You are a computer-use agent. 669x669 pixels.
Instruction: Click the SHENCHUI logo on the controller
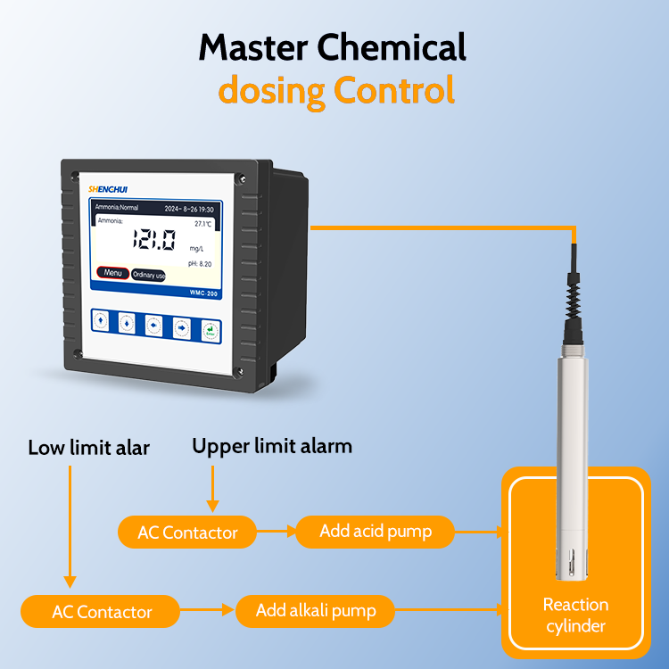coord(109,188)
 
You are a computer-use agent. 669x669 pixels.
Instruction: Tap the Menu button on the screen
coord(112,273)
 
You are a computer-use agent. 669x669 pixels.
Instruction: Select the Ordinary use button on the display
coord(148,275)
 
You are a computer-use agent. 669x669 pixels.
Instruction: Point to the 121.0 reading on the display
coord(153,239)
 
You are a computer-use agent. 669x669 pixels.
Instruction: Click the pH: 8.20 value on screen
coord(199,264)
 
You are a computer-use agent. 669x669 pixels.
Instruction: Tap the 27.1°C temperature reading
coord(203,223)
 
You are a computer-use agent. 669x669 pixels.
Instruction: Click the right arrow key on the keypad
coord(182,327)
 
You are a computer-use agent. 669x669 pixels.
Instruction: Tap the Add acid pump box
coord(375,532)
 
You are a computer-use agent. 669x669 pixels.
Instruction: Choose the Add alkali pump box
coord(315,611)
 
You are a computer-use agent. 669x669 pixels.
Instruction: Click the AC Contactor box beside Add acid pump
coord(187,533)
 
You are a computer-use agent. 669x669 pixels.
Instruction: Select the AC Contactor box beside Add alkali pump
coord(102,612)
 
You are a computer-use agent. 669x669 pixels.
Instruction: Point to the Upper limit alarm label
coord(272,445)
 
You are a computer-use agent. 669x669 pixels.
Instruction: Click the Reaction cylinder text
coord(575,615)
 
